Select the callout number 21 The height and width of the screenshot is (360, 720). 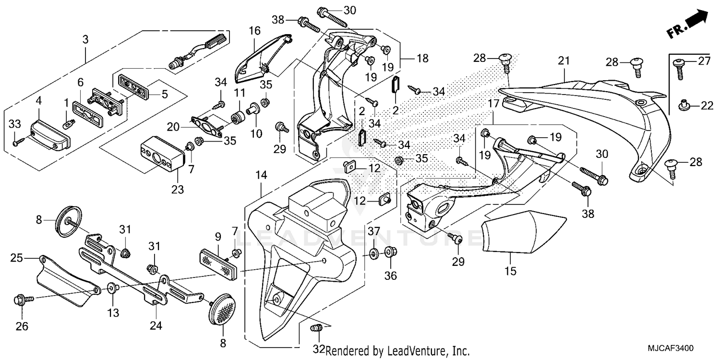pyautogui.click(x=564, y=61)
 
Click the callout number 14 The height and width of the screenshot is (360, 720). pyautogui.click(x=261, y=176)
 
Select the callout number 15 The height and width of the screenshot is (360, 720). pyautogui.click(x=510, y=271)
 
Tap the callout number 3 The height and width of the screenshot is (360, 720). pyautogui.click(x=85, y=40)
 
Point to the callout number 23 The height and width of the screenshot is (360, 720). pyautogui.click(x=178, y=190)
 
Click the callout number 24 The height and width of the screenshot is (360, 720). pyautogui.click(x=156, y=325)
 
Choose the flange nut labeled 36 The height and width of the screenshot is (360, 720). pyautogui.click(x=390, y=251)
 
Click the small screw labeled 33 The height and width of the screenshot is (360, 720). pyautogui.click(x=17, y=142)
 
